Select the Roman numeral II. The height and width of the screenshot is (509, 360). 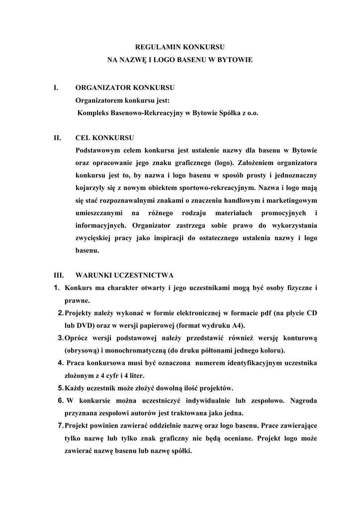pyautogui.click(x=57, y=138)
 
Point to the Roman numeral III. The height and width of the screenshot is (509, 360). pyautogui.click(x=58, y=275)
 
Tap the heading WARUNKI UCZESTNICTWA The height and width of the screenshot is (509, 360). pyautogui.click(x=124, y=275)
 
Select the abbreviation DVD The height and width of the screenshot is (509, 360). pyautogui.click(x=82, y=326)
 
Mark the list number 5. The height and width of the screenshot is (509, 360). pyautogui.click(x=60, y=388)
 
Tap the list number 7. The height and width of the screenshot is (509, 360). pyautogui.click(x=60, y=426)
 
